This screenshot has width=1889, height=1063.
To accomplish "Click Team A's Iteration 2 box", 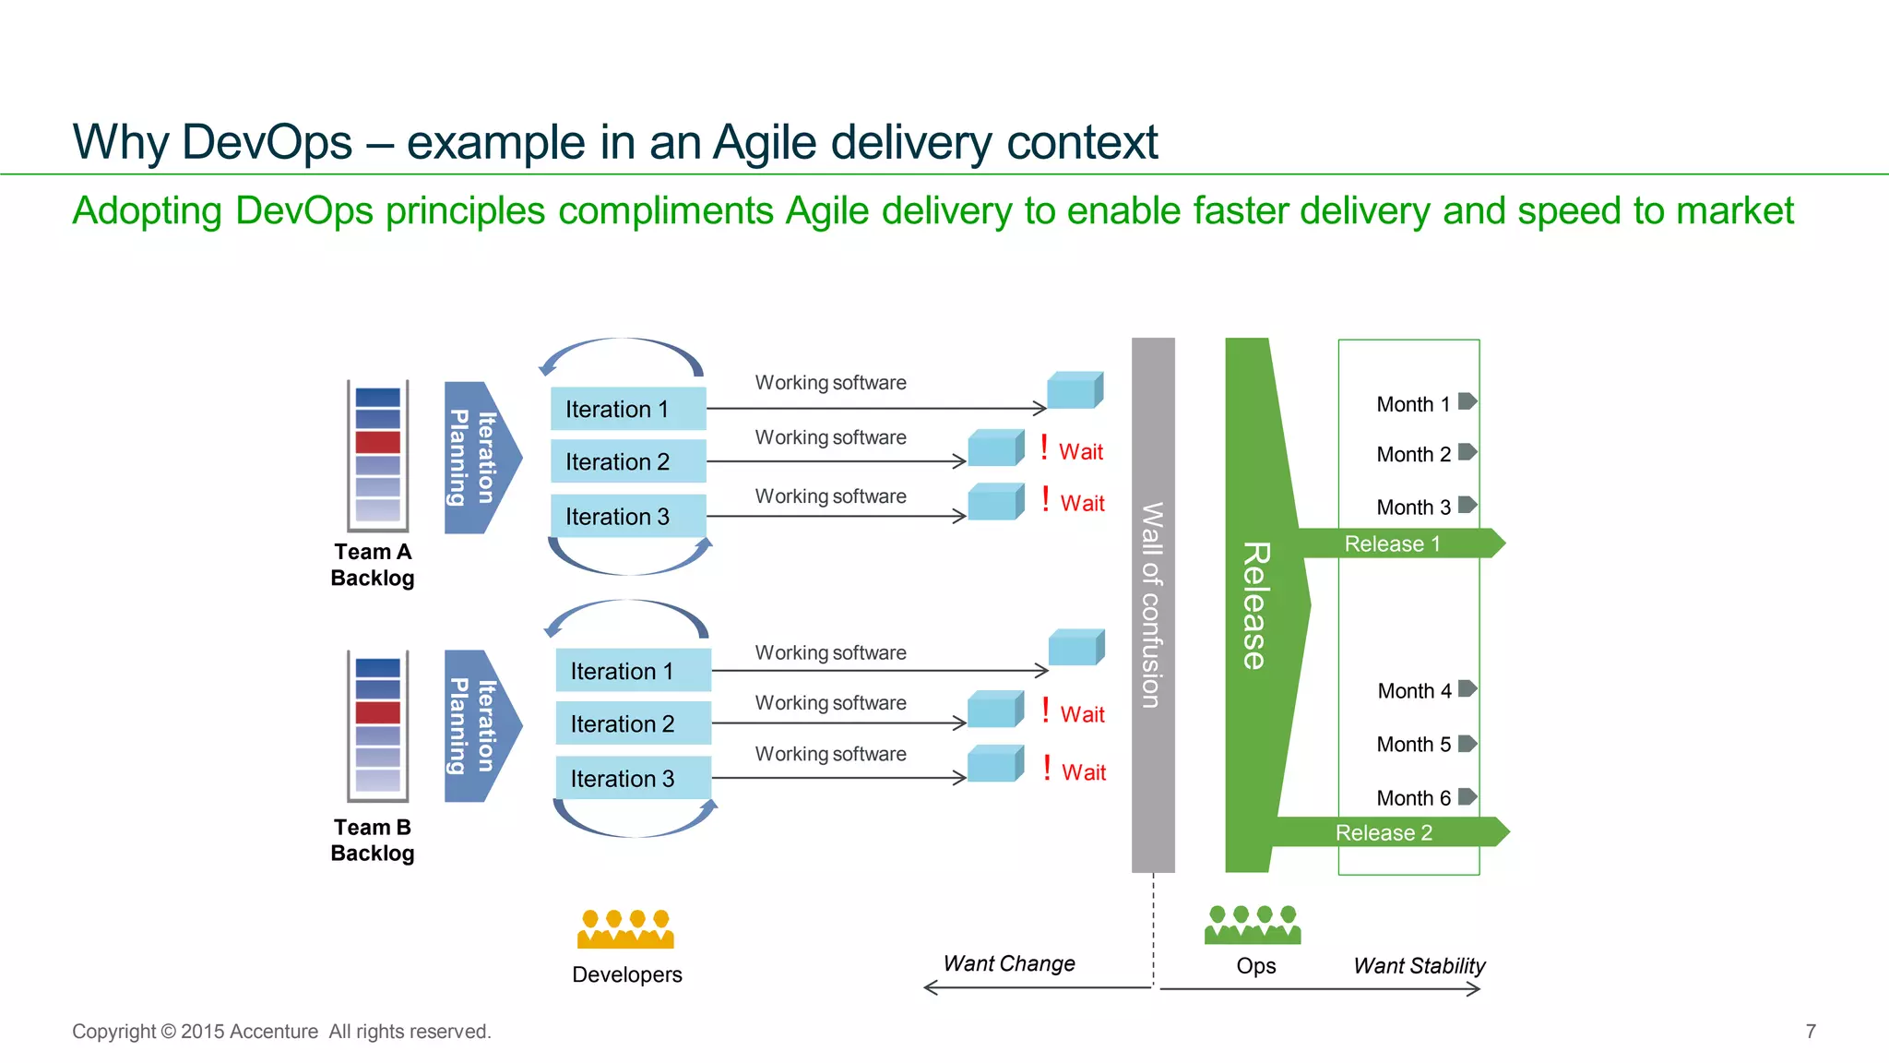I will point(628,461).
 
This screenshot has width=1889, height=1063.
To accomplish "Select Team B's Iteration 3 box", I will point(633,778).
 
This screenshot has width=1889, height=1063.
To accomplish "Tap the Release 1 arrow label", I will point(1392,543).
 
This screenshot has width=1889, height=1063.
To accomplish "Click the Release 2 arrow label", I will point(1384,832).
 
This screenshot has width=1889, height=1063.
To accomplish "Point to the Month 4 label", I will point(1414,691).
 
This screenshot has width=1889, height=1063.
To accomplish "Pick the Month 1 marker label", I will point(1413,404).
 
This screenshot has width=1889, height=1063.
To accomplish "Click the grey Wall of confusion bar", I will point(1153,605).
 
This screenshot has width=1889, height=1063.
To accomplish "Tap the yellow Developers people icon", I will point(625,929).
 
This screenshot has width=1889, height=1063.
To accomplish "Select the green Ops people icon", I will point(1253,925).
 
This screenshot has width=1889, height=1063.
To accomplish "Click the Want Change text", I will point(1009,963).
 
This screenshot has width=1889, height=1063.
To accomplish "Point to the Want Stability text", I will point(1419,966).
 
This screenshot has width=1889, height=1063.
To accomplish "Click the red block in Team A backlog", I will point(378,442).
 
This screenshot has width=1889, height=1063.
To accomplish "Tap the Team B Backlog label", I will point(373,840).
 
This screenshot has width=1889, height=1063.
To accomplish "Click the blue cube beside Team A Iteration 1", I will point(1075,390).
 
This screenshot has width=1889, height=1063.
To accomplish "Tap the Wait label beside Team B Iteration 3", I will point(1083,772).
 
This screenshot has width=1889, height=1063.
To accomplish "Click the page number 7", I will point(1811,1032).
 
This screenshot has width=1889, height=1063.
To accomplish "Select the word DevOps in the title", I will point(267,142).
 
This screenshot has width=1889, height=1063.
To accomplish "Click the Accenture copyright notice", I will point(281,1032).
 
